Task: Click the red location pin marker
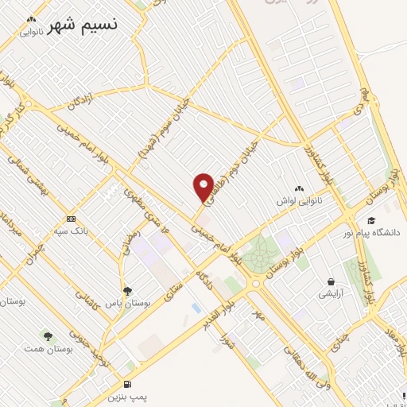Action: pos(203,187)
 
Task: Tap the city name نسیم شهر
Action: pos(83,25)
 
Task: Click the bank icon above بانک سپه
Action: pos(72,219)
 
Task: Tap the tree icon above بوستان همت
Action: pos(48,336)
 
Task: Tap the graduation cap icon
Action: pos(370,221)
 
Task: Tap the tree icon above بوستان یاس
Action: pos(128,291)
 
